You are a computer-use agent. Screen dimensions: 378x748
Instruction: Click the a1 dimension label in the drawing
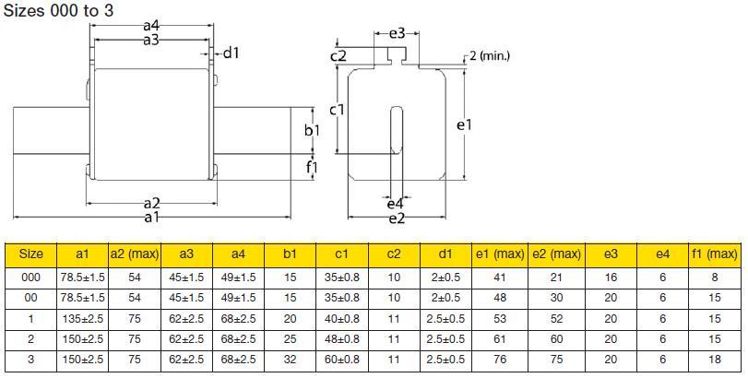click(x=151, y=217)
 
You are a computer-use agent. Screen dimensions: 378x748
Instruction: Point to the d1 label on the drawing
click(x=230, y=53)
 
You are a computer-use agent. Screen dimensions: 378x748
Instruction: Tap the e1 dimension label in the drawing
click(x=464, y=123)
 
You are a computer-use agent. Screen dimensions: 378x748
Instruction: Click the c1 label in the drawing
click(x=338, y=110)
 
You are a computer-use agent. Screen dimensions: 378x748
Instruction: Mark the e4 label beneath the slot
click(x=395, y=204)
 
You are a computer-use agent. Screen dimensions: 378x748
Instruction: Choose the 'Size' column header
click(x=31, y=254)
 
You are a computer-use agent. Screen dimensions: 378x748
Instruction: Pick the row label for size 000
click(x=31, y=277)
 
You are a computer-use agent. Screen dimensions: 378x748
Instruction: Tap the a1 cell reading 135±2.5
click(x=82, y=318)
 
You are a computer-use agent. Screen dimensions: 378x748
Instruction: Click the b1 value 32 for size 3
click(x=290, y=360)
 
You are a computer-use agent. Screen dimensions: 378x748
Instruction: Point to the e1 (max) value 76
click(x=500, y=360)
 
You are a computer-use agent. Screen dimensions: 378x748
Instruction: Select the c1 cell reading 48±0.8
click(x=341, y=339)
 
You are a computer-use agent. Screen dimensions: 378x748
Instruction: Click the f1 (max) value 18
click(x=715, y=360)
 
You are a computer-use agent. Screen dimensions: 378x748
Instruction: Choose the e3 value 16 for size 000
click(x=610, y=277)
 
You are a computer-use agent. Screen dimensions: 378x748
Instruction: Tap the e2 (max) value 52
click(x=555, y=318)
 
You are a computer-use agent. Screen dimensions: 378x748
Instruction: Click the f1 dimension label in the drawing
click(x=312, y=168)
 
